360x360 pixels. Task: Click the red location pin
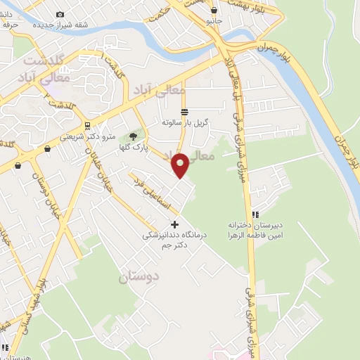pyautogui.click(x=181, y=165)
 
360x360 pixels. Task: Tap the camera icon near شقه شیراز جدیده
pyautogui.click(x=59, y=14)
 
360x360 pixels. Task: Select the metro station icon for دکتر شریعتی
pyautogui.click(x=86, y=126)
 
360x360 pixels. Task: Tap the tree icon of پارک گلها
pyautogui.click(x=133, y=136)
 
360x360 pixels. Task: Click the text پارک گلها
pyautogui.click(x=132, y=148)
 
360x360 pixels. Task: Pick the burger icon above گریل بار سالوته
pyautogui.click(x=184, y=112)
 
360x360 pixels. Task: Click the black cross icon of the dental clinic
pyautogui.click(x=175, y=224)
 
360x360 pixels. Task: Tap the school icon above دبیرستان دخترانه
pyautogui.click(x=255, y=213)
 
